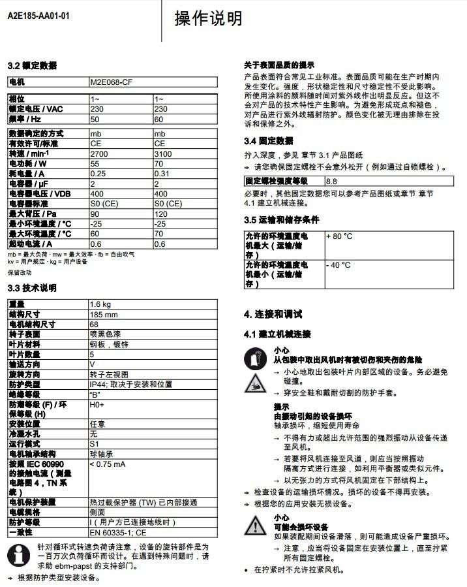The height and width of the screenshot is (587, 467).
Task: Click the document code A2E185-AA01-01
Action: point(38,14)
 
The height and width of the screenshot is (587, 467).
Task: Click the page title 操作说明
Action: point(208,19)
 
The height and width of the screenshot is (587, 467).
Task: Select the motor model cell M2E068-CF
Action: point(112,82)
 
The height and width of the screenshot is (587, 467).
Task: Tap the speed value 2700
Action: point(98,153)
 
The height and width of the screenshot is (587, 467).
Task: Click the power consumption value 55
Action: point(95,163)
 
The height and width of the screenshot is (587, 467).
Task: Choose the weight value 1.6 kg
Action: point(100,304)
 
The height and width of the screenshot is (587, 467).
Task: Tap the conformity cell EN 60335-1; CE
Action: point(118,532)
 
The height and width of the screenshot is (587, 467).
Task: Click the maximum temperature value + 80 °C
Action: point(339,236)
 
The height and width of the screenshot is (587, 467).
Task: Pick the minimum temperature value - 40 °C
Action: point(339,265)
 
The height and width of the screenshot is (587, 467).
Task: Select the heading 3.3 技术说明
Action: point(32,288)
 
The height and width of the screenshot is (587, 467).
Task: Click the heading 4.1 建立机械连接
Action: point(277,334)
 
